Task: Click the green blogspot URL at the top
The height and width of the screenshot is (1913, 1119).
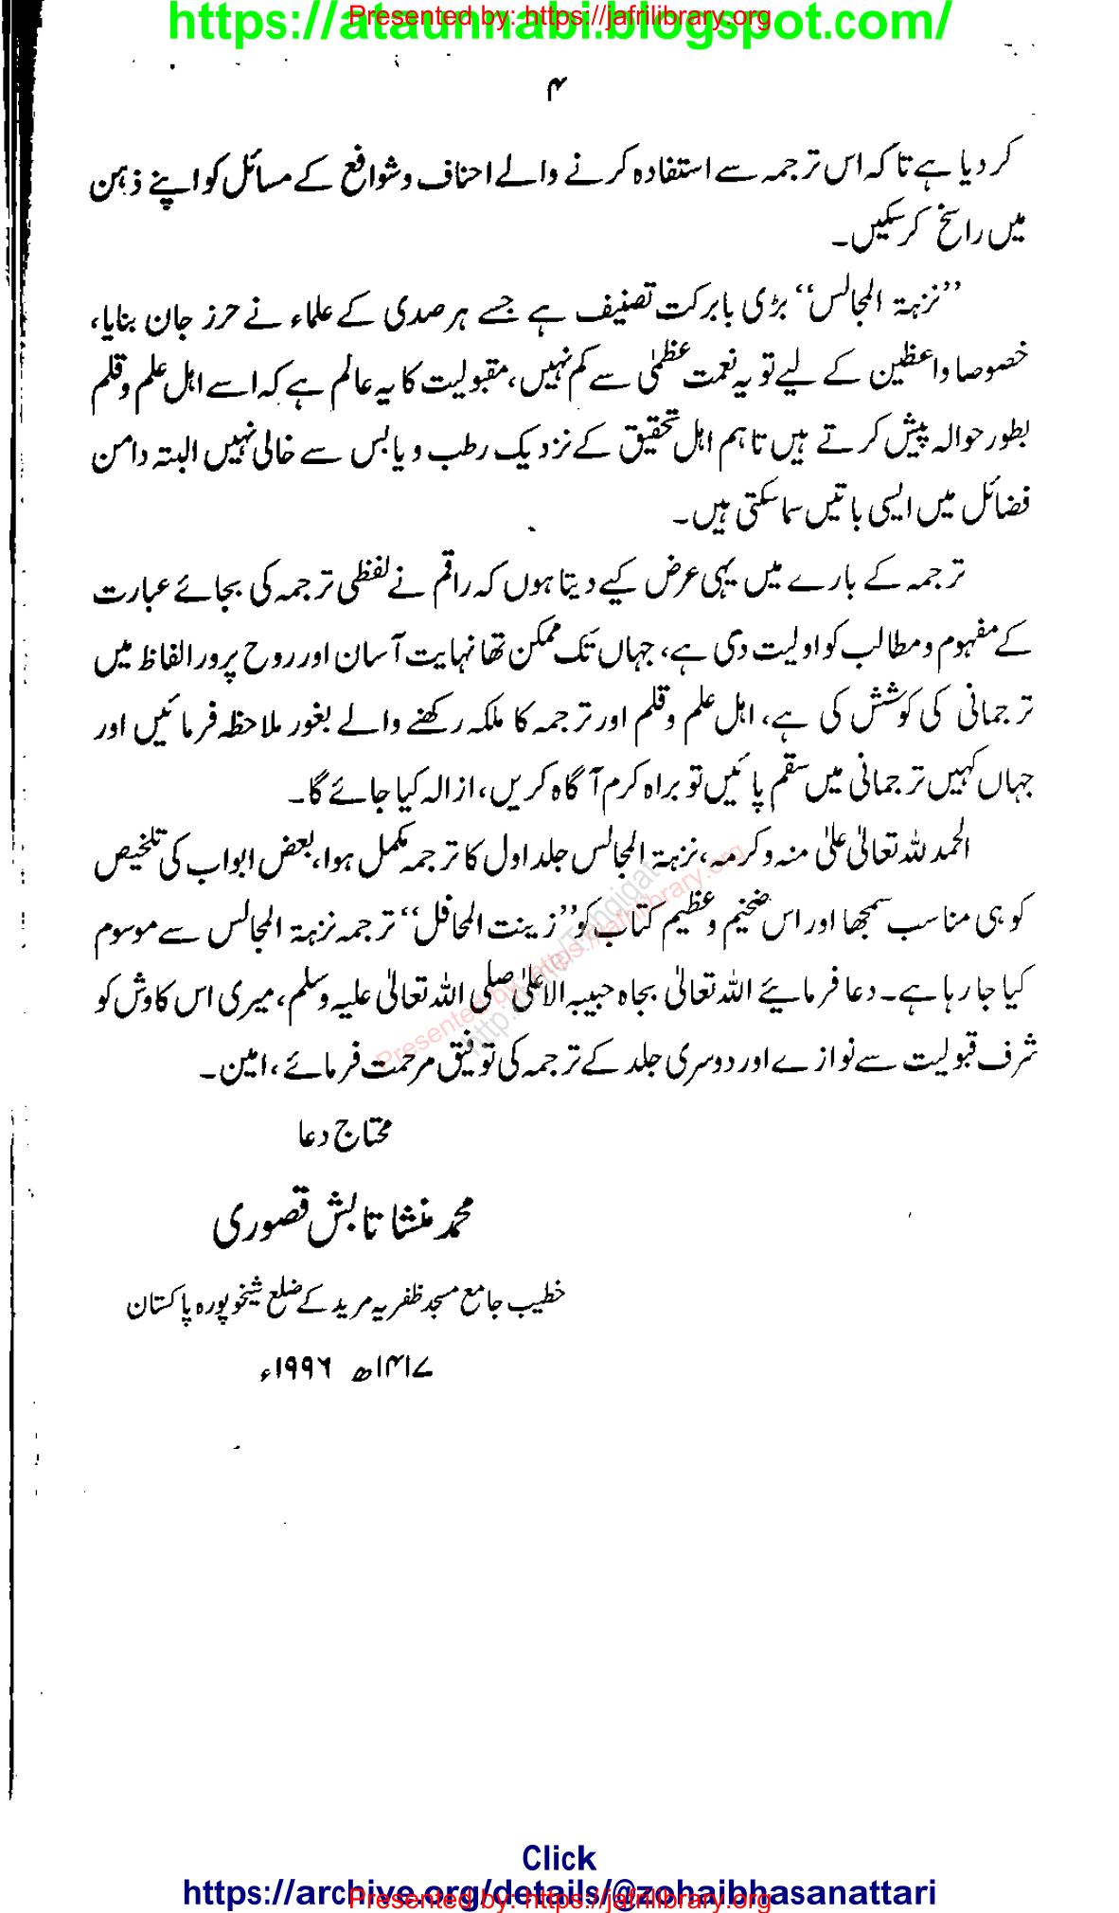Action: [x=559, y=24]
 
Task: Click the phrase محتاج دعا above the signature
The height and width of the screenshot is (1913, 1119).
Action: [x=341, y=1131]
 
